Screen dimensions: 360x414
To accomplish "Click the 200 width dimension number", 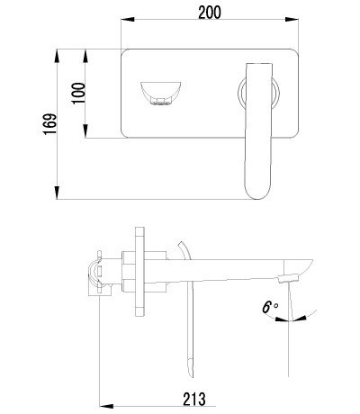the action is point(210,13).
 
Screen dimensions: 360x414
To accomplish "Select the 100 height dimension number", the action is point(78,93).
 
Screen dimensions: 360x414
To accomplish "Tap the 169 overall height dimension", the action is point(50,124).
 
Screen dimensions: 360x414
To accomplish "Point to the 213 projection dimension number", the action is point(194,399).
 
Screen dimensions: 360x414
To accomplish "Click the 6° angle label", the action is point(270,307).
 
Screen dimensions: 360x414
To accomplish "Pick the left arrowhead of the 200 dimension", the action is point(127,20).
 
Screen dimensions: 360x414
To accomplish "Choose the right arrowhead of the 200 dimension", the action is point(292,20).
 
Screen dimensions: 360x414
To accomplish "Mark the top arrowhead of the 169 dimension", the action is point(57,56).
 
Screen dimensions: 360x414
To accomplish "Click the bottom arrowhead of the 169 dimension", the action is point(57,193).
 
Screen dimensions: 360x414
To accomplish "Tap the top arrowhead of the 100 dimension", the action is point(85,56).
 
